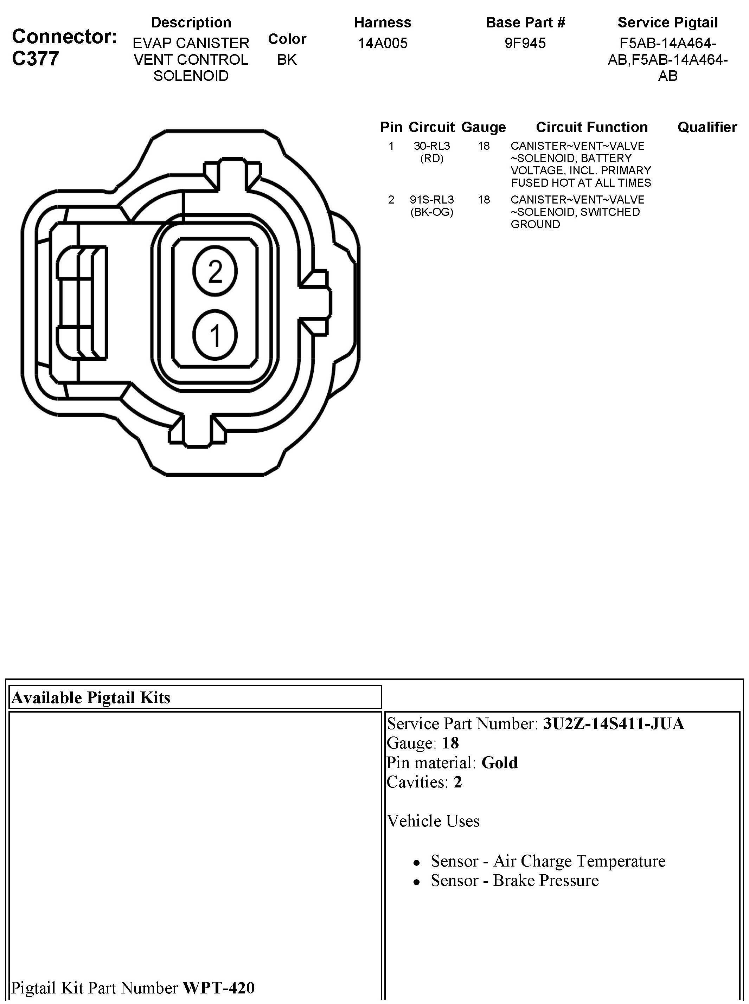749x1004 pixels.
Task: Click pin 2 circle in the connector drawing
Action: tap(215, 271)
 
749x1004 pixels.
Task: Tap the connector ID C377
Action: tap(36, 59)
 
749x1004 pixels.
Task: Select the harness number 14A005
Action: tap(383, 44)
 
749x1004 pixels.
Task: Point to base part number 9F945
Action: tap(525, 44)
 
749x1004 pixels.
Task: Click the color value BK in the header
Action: tap(287, 60)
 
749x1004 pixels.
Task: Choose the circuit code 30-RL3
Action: tap(431, 146)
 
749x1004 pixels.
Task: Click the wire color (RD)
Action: tap(431, 158)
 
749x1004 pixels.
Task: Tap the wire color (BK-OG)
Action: tap(431, 212)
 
